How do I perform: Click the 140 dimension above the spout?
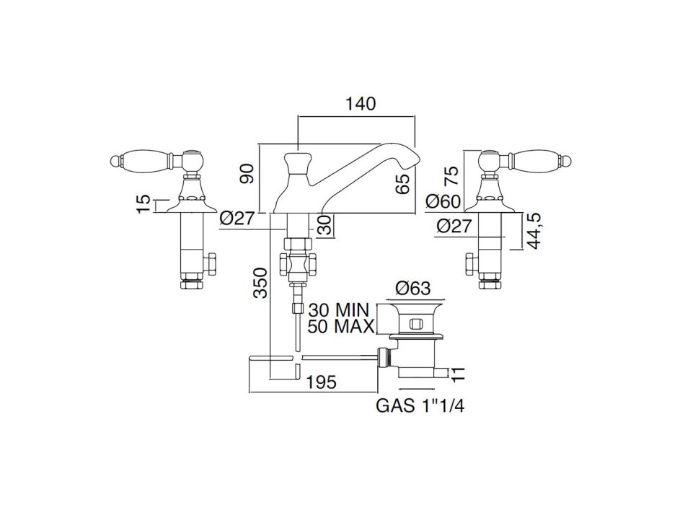(361, 104)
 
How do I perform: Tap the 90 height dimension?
(248, 174)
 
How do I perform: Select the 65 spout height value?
(404, 184)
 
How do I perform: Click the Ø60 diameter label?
(443, 201)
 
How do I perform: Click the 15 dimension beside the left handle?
(143, 204)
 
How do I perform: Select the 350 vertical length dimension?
(260, 283)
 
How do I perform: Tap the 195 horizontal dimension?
(321, 382)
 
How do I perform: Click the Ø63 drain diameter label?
(413, 288)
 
